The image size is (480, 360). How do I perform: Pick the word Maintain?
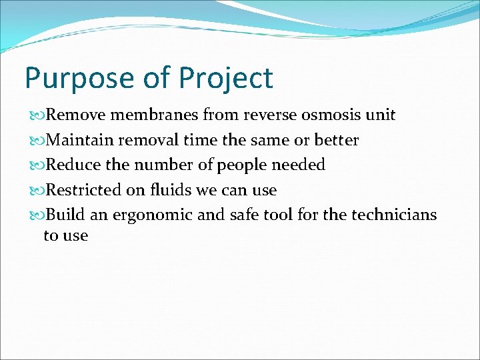coord(78,140)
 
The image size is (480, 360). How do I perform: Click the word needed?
coord(299,165)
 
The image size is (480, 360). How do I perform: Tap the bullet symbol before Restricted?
coord(36,191)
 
